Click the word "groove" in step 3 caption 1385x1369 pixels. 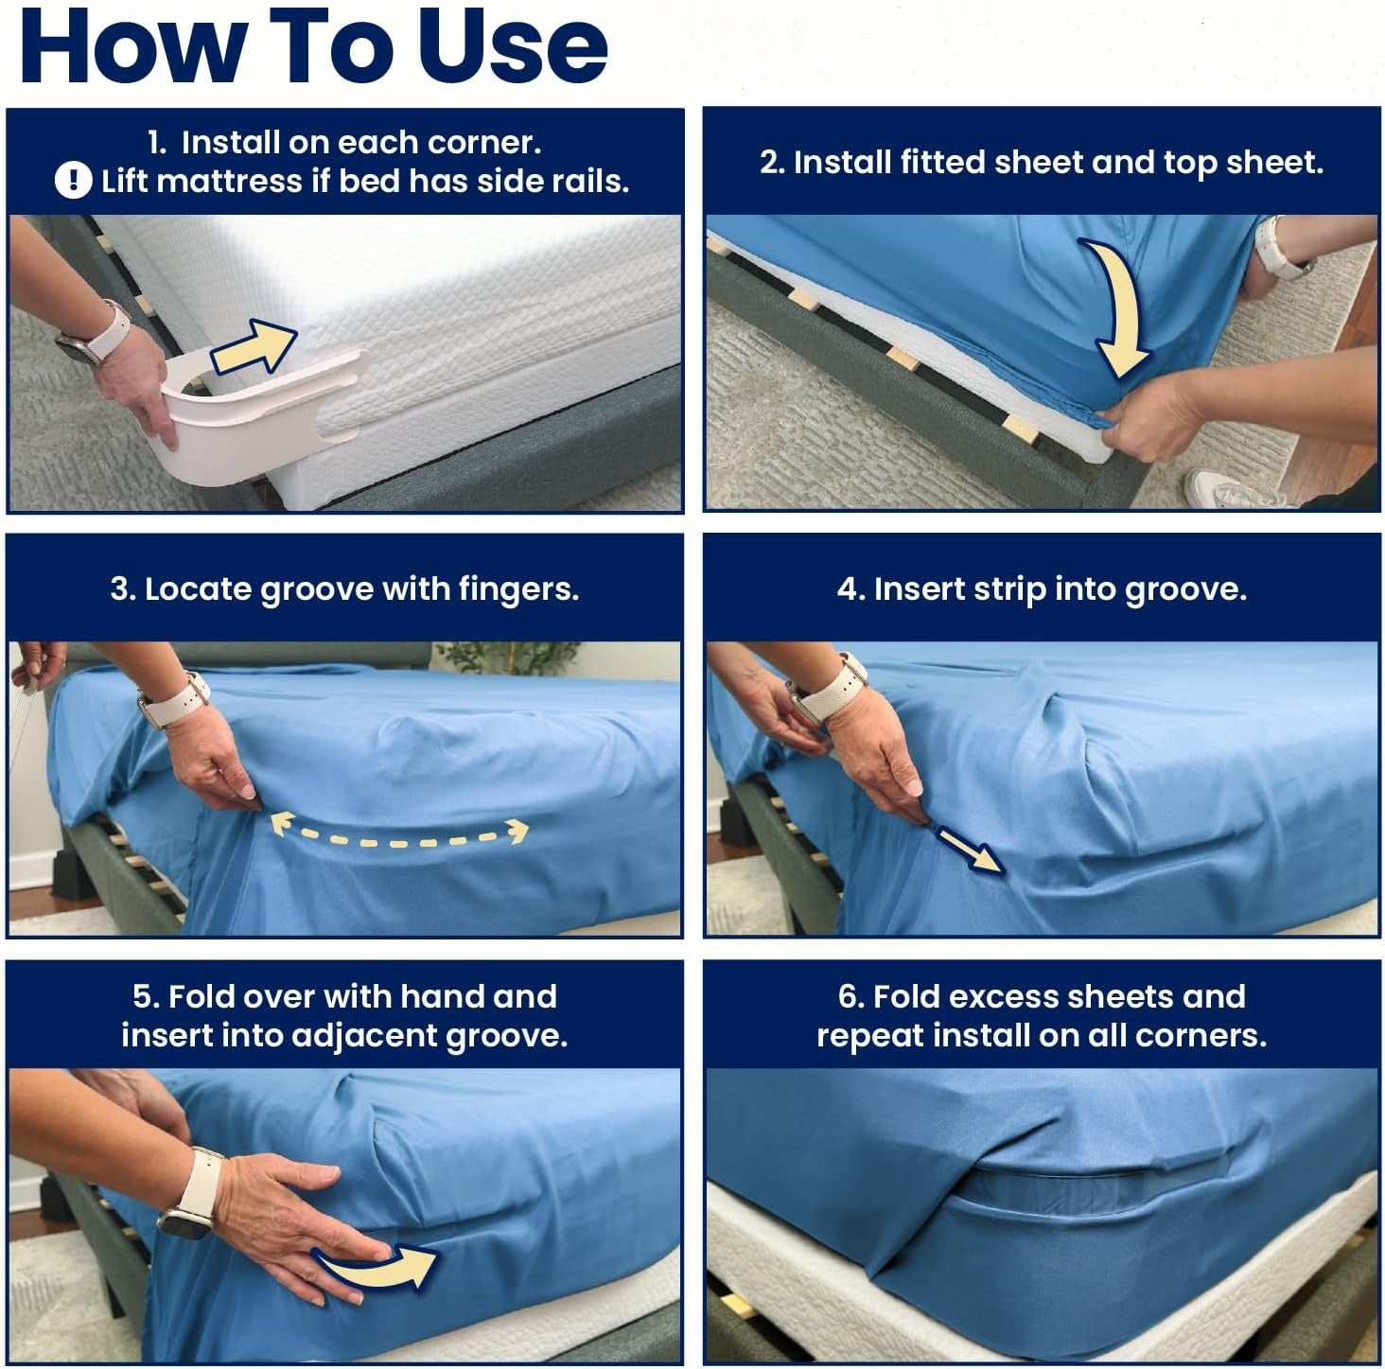[317, 589]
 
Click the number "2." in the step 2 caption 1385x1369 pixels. [773, 163]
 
